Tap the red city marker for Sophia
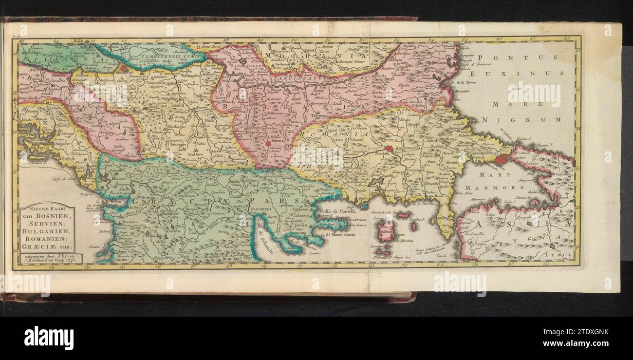click(267, 144)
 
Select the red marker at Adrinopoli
click(389, 149)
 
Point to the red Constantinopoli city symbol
click(501, 159)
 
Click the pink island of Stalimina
click(387, 231)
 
